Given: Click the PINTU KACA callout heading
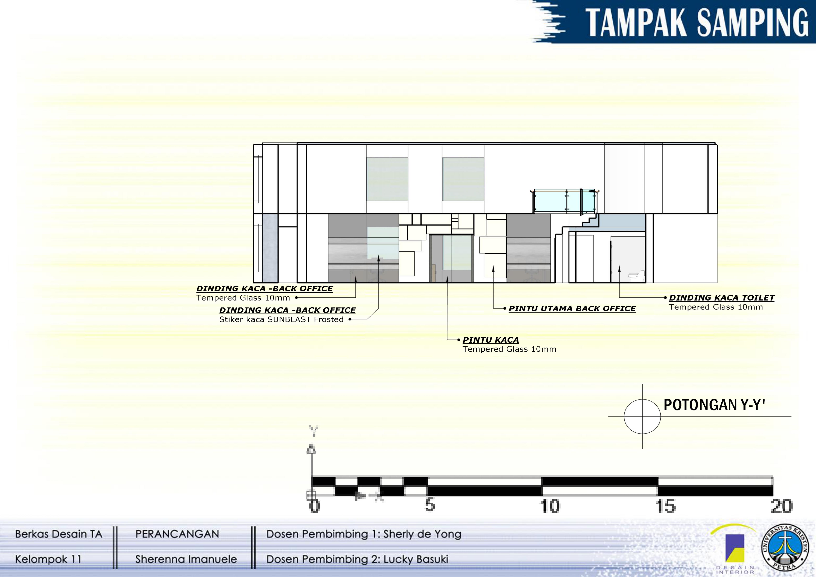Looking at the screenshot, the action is (x=491, y=340).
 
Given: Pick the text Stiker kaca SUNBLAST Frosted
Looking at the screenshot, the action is (x=282, y=319).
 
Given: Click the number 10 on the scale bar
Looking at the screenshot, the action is (x=549, y=506).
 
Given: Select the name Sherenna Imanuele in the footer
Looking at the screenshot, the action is (x=186, y=559).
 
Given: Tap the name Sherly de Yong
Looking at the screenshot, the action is (x=422, y=534).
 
